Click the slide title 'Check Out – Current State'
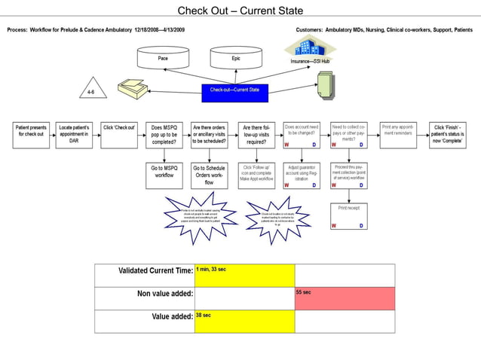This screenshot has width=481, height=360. [x=240, y=11]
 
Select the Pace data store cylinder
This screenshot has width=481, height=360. [x=163, y=58]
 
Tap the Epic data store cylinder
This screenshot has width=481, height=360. [x=236, y=58]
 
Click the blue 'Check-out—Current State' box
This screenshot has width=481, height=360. [x=234, y=91]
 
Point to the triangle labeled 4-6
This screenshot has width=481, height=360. [x=92, y=90]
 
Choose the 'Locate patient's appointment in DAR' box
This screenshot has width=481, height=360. [x=74, y=134]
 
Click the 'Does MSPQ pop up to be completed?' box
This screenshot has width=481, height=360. [x=164, y=134]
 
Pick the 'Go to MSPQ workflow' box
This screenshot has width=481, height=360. [x=164, y=175]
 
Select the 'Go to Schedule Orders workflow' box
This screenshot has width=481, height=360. [x=210, y=175]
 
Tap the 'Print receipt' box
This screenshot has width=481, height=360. [x=348, y=215]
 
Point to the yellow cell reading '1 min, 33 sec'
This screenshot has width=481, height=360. [x=244, y=276]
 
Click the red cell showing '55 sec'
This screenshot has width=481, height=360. [x=344, y=298]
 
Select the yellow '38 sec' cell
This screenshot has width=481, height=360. [x=244, y=322]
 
